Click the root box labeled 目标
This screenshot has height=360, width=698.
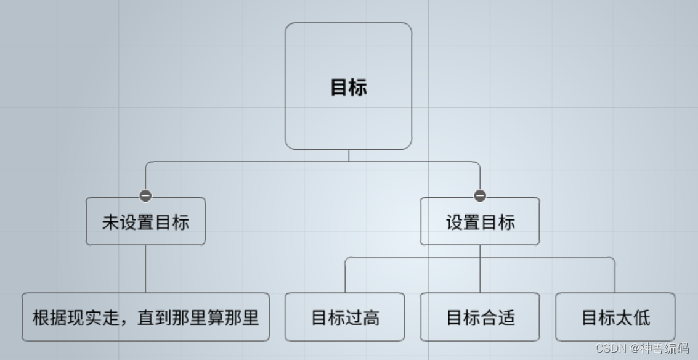coord(348,86)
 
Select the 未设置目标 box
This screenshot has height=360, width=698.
coord(145,221)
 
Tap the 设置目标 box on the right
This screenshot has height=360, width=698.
coord(480,221)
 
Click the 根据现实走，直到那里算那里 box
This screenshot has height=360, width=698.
coord(145,317)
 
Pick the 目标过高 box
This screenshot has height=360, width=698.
coord(344,317)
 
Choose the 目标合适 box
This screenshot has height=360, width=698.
coord(480,317)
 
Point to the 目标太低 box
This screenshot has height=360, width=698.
coord(615,317)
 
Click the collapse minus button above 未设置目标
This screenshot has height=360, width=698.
coord(145,195)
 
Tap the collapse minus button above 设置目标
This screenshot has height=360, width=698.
coord(480,195)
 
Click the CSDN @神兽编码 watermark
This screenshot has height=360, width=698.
coord(642,348)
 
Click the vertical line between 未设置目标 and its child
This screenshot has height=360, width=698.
coord(145,269)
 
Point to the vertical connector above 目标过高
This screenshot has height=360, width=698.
coord(345,276)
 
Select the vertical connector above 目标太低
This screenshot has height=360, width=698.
coord(615,276)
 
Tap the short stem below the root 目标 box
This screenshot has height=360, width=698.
coord(349,155)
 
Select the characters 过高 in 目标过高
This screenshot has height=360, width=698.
coord(362,318)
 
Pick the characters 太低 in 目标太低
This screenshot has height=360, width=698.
coord(633,318)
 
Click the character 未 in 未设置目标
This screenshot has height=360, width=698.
coord(110,222)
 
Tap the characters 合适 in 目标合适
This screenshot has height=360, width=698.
coord(498,318)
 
